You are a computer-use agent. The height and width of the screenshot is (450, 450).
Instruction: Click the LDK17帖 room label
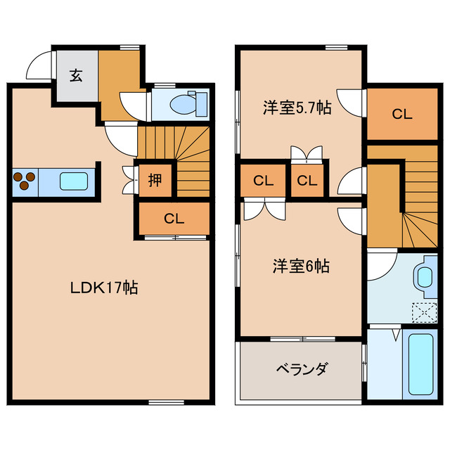(x=103, y=287)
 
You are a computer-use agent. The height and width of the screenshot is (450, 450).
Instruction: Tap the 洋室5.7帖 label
(x=297, y=109)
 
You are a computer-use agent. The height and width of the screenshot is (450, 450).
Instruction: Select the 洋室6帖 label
(x=302, y=266)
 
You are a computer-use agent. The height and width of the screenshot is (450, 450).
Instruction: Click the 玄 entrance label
(x=75, y=75)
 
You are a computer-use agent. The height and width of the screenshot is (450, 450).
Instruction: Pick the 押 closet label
(x=154, y=180)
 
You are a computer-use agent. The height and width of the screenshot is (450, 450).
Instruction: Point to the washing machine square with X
(x=424, y=310)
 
